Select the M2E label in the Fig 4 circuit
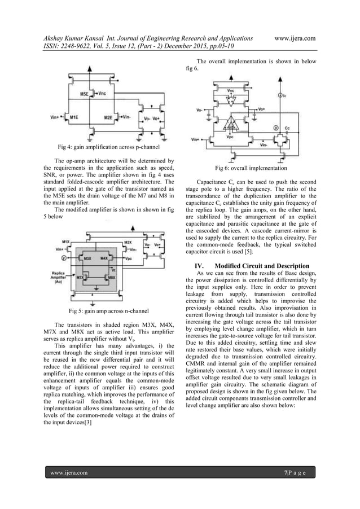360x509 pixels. pos(109,117)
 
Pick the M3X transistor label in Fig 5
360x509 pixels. pos(87,258)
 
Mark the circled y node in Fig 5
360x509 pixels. pos(63,257)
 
